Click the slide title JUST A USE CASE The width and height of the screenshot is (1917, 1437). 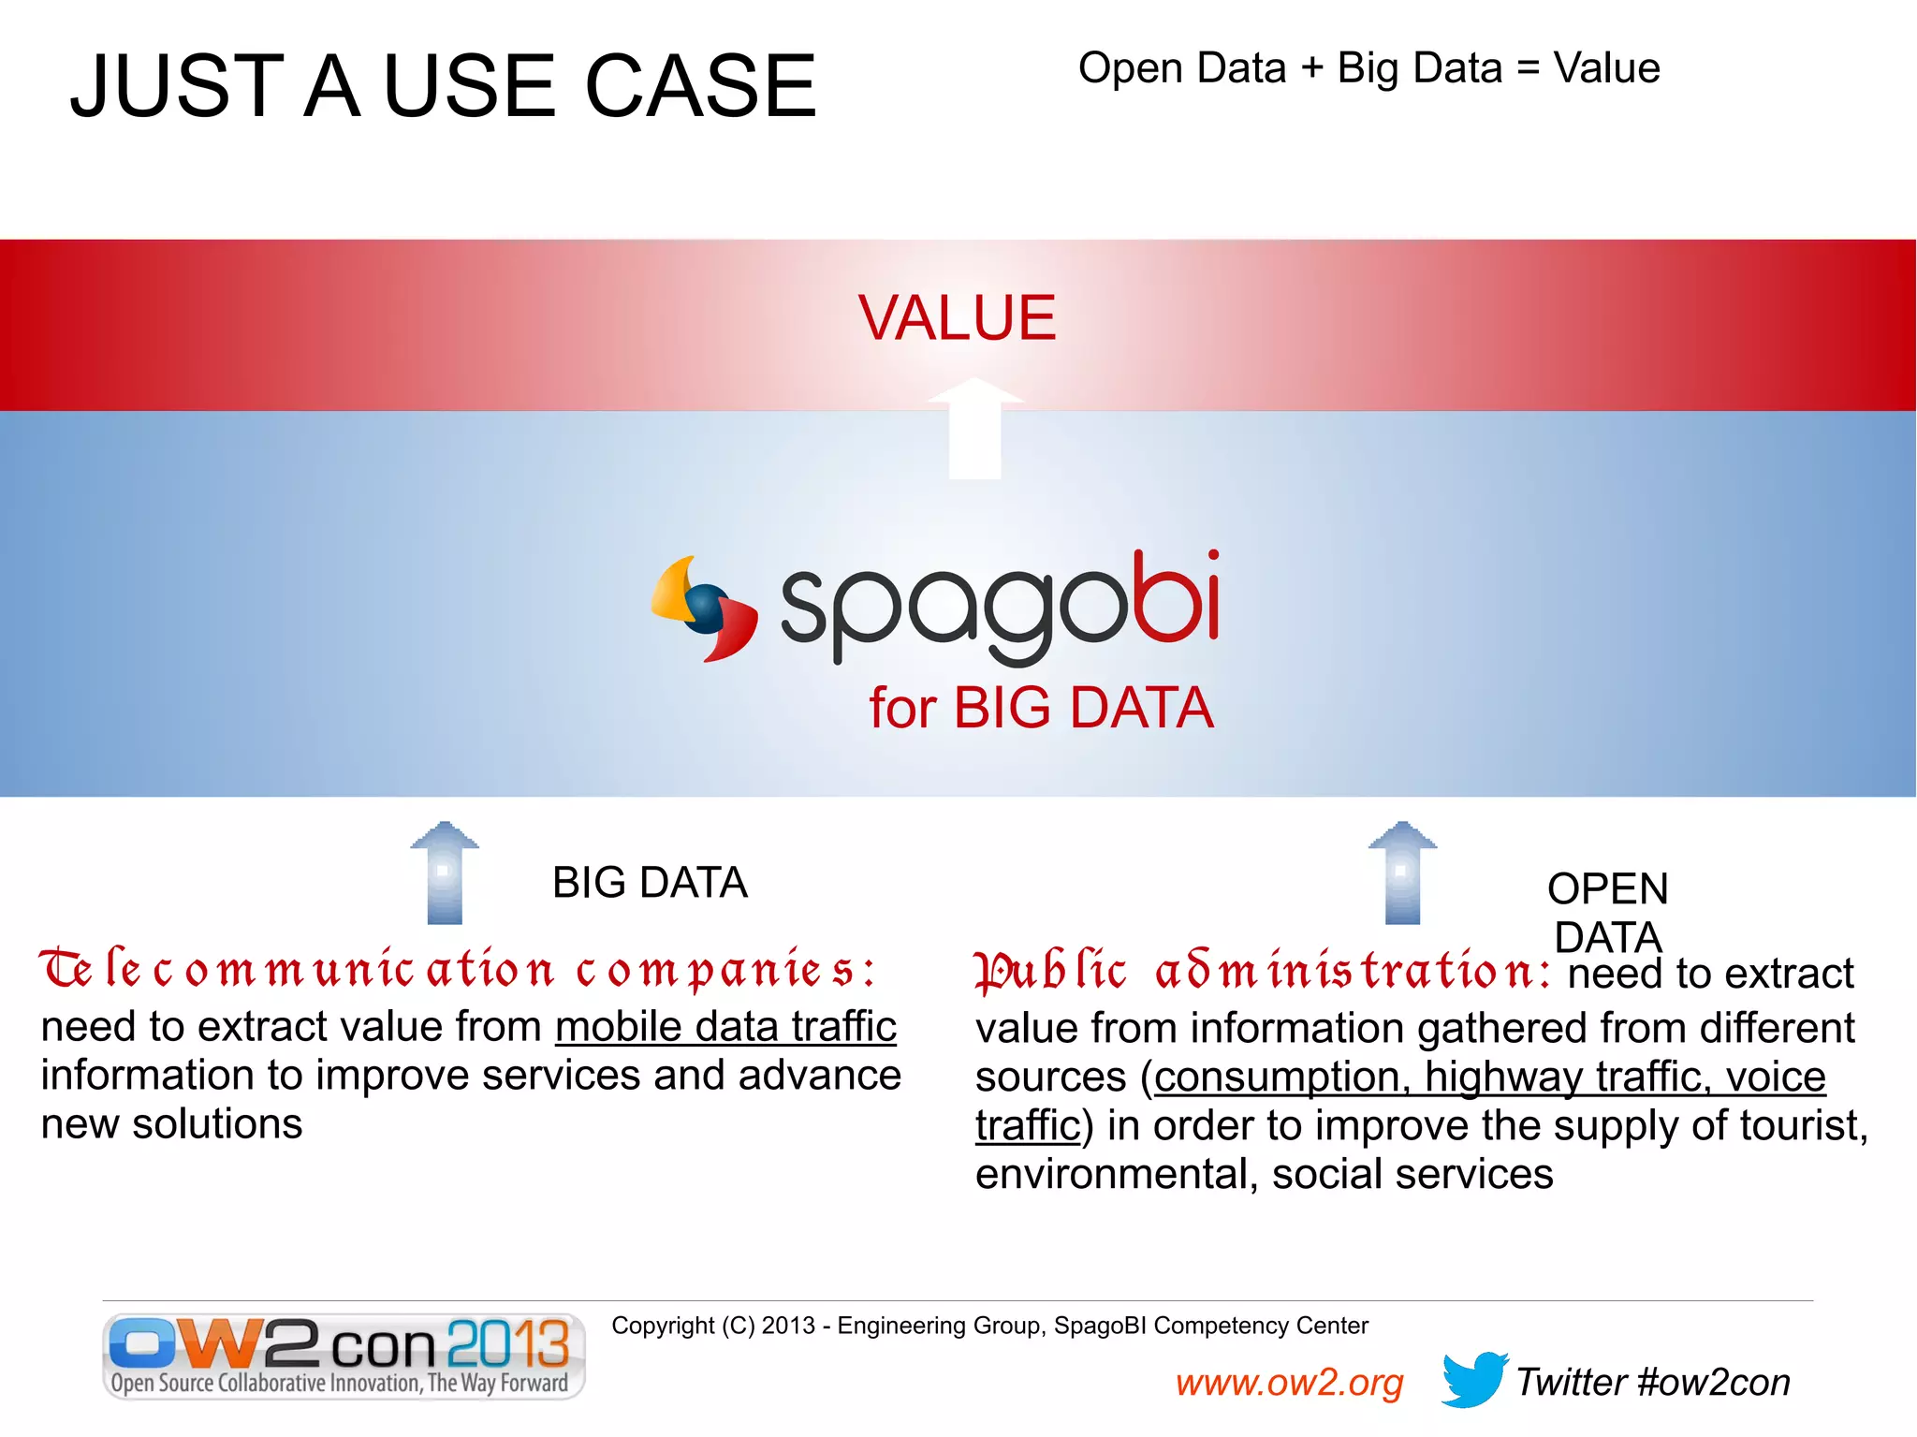point(443,86)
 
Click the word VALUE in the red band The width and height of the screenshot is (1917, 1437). point(957,318)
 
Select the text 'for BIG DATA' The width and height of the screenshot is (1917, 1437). point(1041,708)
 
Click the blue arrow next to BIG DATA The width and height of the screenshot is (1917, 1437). point(445,872)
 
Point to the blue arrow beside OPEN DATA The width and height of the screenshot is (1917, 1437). point(1402,872)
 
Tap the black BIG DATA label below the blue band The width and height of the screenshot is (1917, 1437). point(650,883)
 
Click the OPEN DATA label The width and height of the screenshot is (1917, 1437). point(1607,912)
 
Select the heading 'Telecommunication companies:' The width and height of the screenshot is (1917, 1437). point(459,970)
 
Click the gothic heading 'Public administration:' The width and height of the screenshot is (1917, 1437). point(1262,972)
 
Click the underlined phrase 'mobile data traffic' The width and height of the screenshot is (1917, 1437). point(725,1027)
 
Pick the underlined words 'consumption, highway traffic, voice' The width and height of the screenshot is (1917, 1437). point(1489,1077)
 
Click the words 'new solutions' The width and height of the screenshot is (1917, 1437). point(171,1124)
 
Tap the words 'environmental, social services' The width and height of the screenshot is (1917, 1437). point(1264,1174)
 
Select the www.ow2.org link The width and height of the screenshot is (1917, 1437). point(1289,1383)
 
